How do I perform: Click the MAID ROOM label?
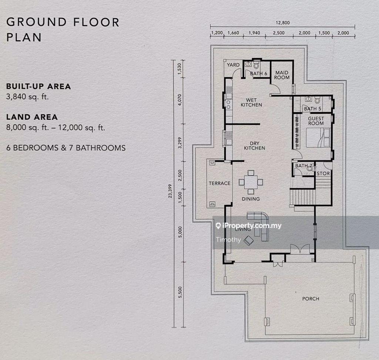pyautogui.click(x=282, y=75)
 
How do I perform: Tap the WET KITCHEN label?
pyautogui.click(x=251, y=102)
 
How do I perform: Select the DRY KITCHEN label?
pyautogui.click(x=255, y=146)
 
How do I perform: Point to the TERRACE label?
pyautogui.click(x=219, y=183)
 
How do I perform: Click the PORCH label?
pyautogui.click(x=311, y=299)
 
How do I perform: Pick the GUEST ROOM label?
pyautogui.click(x=316, y=121)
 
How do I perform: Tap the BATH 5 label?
pyautogui.click(x=312, y=109)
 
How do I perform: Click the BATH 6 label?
pyautogui.click(x=258, y=74)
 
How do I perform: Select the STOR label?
pyautogui.click(x=323, y=173)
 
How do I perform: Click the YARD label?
pyautogui.click(x=233, y=65)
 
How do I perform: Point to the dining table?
pyautogui.click(x=251, y=182)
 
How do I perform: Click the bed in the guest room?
pyautogui.click(x=318, y=138)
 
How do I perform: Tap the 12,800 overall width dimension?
pyautogui.click(x=282, y=23)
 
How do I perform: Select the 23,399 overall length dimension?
pyautogui.click(x=170, y=191)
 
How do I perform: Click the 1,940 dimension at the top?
pyautogui.click(x=254, y=33)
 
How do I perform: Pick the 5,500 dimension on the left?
pyautogui.click(x=180, y=292)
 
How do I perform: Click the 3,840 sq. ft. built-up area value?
pyautogui.click(x=27, y=97)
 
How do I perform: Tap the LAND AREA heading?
pyautogui.click(x=32, y=117)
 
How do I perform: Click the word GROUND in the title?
pyautogui.click(x=37, y=22)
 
